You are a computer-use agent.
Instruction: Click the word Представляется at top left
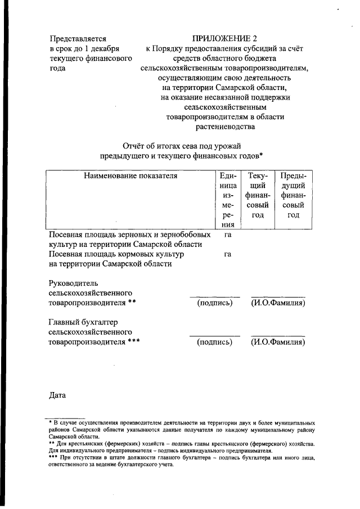pos(78,39)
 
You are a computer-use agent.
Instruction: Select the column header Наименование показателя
pos(130,176)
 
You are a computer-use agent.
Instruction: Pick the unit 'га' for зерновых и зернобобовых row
pos(228,235)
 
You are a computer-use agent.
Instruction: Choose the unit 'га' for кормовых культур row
pos(228,254)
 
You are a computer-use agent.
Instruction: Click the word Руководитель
pos(74,282)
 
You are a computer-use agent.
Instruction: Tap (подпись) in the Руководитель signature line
pos(215,303)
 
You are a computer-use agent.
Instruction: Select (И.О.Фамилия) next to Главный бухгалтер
pos(278,342)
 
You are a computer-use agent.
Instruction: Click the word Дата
pos(58,395)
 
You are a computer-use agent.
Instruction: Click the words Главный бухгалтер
pos(83,322)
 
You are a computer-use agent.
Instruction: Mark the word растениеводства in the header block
pos(226,127)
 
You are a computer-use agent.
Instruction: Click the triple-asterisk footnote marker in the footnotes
pos(54,457)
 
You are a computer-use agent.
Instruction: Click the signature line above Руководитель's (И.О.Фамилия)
pos(278,296)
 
